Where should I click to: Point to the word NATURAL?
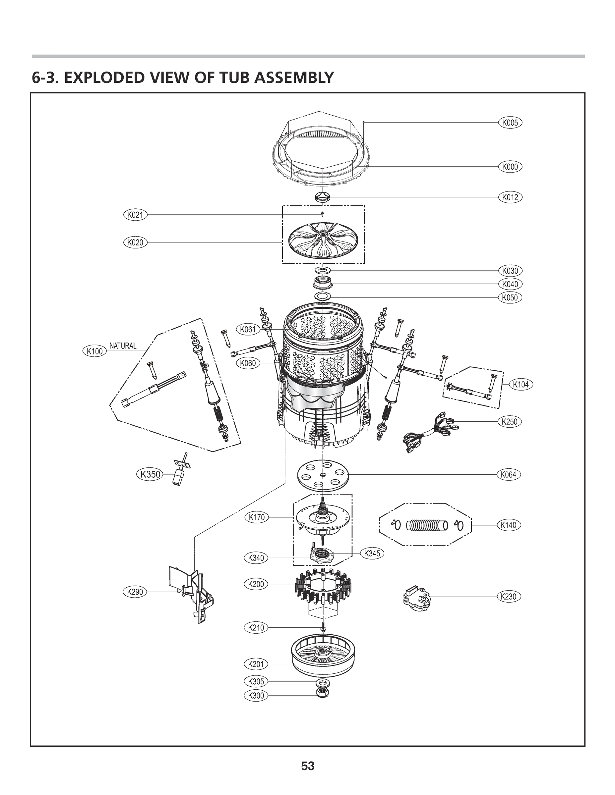click(x=123, y=346)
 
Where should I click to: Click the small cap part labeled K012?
click(x=323, y=197)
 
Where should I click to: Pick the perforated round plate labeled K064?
click(x=323, y=475)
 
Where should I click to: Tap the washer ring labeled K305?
click(x=323, y=681)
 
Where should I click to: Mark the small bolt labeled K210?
click(x=323, y=628)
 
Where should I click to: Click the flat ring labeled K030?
click(x=323, y=270)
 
